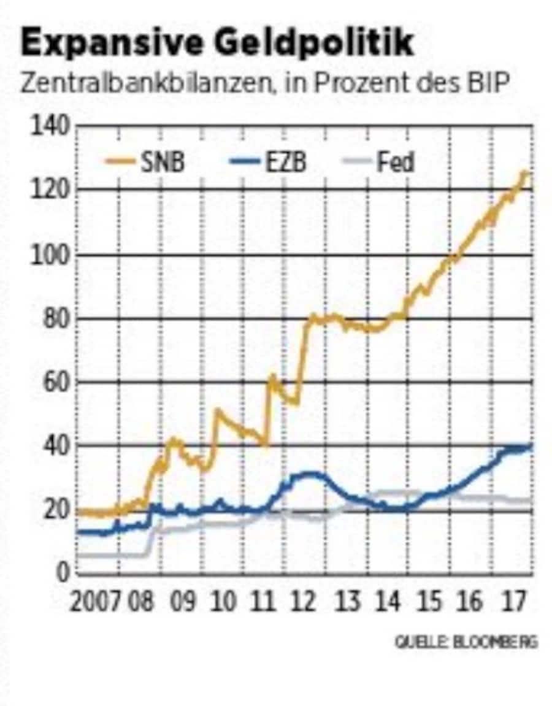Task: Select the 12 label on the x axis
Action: (305, 602)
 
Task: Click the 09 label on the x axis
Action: (182, 602)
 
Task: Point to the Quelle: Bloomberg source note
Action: (466, 642)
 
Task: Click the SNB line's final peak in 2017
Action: (524, 174)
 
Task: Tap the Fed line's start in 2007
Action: (79, 555)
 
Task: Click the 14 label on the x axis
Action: (388, 602)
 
